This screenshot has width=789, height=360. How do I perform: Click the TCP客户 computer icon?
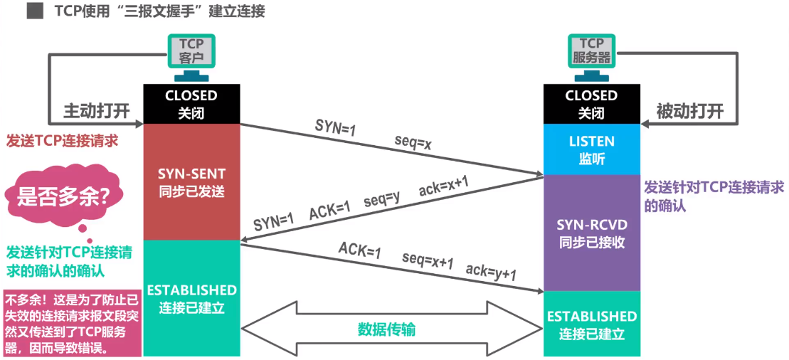coord(191,58)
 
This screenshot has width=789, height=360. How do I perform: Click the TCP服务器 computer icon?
coord(592,58)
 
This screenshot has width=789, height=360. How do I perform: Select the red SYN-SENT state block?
coord(191,181)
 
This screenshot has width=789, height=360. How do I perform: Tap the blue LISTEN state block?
coord(591,149)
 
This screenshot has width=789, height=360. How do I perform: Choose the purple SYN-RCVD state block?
coord(591,233)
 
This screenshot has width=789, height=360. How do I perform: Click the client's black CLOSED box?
coord(191,103)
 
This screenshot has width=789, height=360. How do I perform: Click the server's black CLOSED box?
coord(591,103)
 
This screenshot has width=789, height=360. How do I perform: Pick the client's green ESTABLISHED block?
coord(191,298)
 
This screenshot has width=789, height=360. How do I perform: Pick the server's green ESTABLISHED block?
coord(591,324)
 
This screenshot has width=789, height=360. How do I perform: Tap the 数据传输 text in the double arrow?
coord(386,329)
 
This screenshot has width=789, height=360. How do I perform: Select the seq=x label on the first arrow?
coord(413,145)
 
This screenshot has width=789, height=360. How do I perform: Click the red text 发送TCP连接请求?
coord(62,141)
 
